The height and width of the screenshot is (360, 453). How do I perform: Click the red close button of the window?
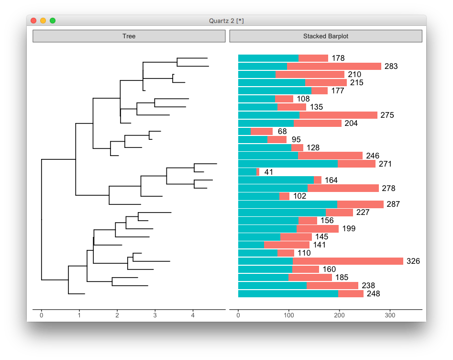(33, 21)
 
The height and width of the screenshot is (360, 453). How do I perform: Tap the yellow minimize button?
(43, 21)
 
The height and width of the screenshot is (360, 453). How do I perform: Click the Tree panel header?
(129, 36)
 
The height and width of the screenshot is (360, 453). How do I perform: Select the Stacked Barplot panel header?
(326, 36)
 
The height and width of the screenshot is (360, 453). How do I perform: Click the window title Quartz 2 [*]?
(226, 21)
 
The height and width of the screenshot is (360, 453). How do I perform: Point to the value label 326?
(413, 261)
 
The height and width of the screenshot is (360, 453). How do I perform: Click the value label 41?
(268, 172)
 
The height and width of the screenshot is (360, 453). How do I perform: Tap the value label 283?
(391, 67)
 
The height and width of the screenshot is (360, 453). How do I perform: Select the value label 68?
(282, 131)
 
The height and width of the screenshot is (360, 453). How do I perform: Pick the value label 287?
(393, 204)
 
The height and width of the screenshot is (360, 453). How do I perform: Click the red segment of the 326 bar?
(348, 261)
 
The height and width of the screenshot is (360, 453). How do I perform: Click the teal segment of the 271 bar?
(287, 164)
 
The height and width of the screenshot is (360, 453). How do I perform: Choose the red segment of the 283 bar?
(334, 67)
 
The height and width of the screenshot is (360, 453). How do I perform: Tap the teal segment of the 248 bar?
(288, 293)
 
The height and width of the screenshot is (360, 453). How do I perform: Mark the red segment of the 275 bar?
(338, 115)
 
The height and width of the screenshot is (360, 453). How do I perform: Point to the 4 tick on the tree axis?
(193, 315)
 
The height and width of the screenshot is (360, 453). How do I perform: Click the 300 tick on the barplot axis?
(390, 315)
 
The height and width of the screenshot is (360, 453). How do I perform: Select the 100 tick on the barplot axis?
(288, 315)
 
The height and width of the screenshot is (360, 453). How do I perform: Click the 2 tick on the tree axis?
(117, 315)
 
